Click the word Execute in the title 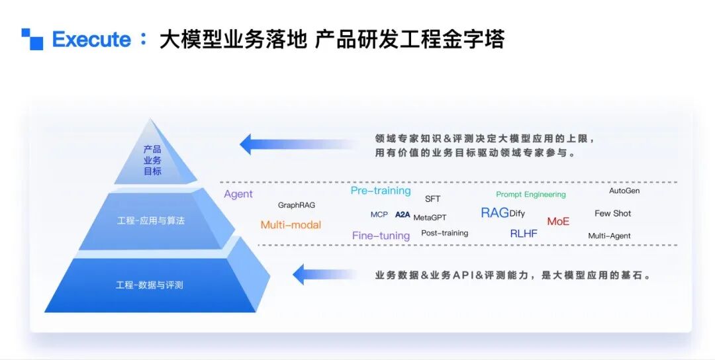[x=91, y=40]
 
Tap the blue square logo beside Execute [x=32, y=39]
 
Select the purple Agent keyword [x=238, y=194]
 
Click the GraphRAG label [x=297, y=205]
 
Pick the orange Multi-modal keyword [x=291, y=224]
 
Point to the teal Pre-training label [x=381, y=191]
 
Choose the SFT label [x=433, y=199]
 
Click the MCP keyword [x=379, y=214]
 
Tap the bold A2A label [x=403, y=214]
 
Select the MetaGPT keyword [x=430, y=217]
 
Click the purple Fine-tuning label [x=381, y=236]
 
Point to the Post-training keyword [x=445, y=233]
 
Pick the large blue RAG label [x=495, y=213]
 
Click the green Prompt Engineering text [x=531, y=195]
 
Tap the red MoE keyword [x=558, y=222]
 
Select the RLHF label [x=524, y=234]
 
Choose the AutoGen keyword [x=624, y=191]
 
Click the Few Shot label [x=613, y=213]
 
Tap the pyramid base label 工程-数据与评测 [x=149, y=285]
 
